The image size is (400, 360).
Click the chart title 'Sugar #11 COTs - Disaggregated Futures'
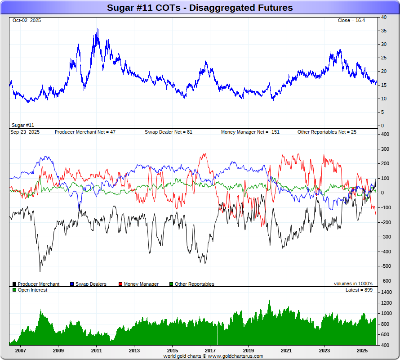(x=200, y=8)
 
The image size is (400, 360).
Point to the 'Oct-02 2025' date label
(x=27, y=21)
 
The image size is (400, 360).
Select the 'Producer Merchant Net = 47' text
(x=85, y=132)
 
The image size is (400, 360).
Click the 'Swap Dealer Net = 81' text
(x=168, y=132)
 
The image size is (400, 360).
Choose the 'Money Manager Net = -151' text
(x=250, y=132)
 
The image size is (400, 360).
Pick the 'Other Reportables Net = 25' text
(x=326, y=132)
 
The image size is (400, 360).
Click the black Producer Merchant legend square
(x=15, y=284)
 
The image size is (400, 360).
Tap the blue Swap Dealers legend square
(x=72, y=284)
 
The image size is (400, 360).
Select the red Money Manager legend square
(x=120, y=284)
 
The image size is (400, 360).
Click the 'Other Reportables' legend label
(x=194, y=284)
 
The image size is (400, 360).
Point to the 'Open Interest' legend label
(x=32, y=290)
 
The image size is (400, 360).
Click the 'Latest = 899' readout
(x=359, y=290)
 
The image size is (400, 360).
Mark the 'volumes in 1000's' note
(x=353, y=284)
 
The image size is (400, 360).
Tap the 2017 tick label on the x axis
(x=210, y=350)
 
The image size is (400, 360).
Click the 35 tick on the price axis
(x=384, y=31)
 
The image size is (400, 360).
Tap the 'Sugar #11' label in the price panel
(x=23, y=125)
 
